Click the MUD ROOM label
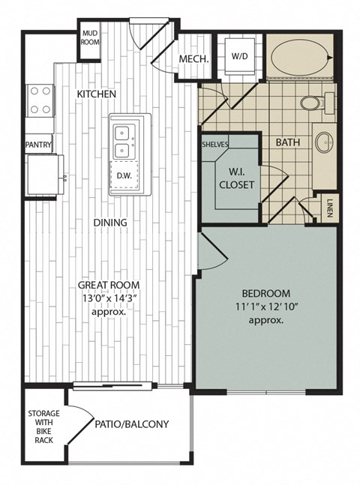click(91, 38)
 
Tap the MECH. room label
click(193, 60)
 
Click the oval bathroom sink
click(324, 142)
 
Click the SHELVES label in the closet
click(214, 143)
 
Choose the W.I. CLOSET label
click(237, 177)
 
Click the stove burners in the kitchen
click(40, 99)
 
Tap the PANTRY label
click(38, 143)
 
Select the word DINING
click(110, 223)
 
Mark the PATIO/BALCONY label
click(132, 424)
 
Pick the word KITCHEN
click(97, 94)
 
